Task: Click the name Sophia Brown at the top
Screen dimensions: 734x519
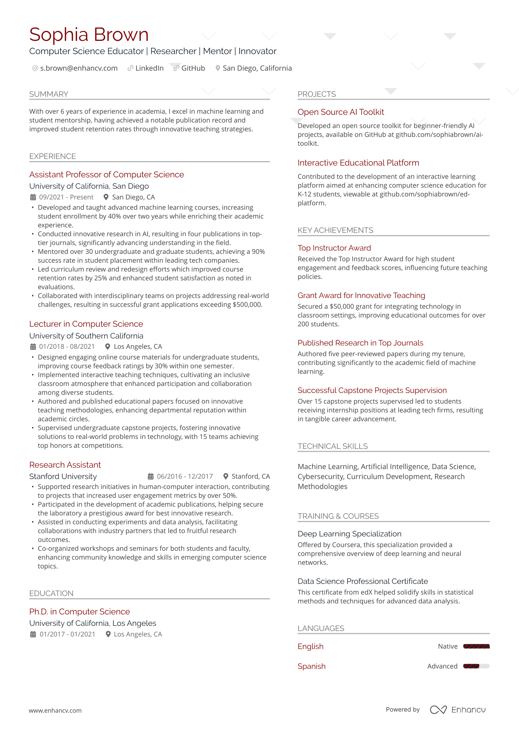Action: (x=89, y=35)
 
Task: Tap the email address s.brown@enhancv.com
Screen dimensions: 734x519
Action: (x=79, y=68)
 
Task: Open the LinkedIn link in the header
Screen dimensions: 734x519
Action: (x=149, y=68)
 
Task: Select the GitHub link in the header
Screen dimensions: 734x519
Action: (x=193, y=68)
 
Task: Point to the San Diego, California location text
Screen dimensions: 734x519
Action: (x=257, y=68)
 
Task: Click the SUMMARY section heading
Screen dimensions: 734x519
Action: (x=49, y=94)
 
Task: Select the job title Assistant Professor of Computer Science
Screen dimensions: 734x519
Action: (x=106, y=174)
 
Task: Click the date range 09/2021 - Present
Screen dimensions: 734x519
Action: (x=66, y=197)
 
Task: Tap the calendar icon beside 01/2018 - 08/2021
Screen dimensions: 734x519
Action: (x=33, y=347)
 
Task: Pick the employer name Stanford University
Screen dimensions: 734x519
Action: (x=63, y=476)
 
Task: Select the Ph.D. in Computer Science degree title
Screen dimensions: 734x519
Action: (x=80, y=611)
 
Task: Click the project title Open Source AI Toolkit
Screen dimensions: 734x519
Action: (x=340, y=112)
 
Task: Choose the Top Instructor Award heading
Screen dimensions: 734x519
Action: (x=334, y=248)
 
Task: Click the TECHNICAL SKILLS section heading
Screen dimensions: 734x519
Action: (x=332, y=446)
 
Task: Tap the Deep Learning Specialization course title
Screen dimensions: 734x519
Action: (x=349, y=534)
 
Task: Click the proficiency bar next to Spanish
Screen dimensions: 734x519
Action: (x=476, y=666)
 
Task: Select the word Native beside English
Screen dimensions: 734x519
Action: (x=448, y=646)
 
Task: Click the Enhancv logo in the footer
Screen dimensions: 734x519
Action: (x=458, y=710)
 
